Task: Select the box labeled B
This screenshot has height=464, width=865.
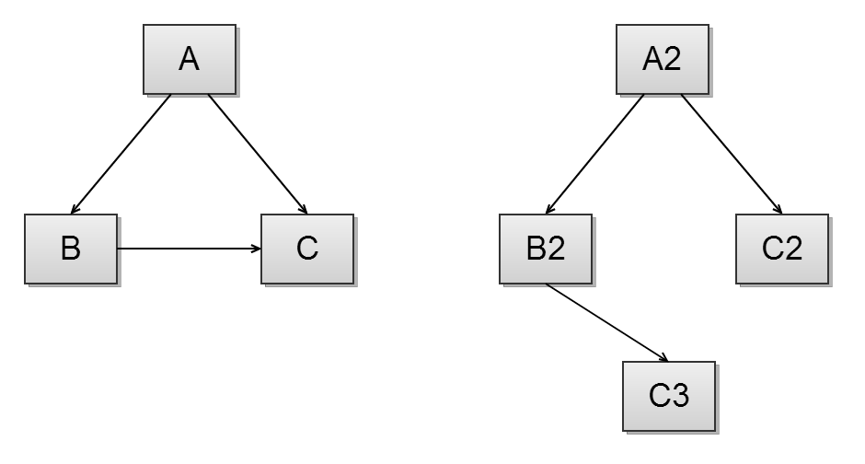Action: [71, 249]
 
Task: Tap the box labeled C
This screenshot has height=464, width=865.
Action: [307, 249]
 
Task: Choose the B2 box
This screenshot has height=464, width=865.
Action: [545, 249]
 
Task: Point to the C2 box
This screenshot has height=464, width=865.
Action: [781, 249]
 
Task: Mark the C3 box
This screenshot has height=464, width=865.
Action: [669, 396]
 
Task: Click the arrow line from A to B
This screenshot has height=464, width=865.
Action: [121, 153]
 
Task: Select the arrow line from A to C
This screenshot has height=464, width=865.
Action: [257, 153]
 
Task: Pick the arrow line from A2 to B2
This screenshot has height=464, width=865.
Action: [595, 153]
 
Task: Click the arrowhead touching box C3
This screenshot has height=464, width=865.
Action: [663, 357]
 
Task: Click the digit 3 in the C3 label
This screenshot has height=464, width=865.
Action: [680, 396]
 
